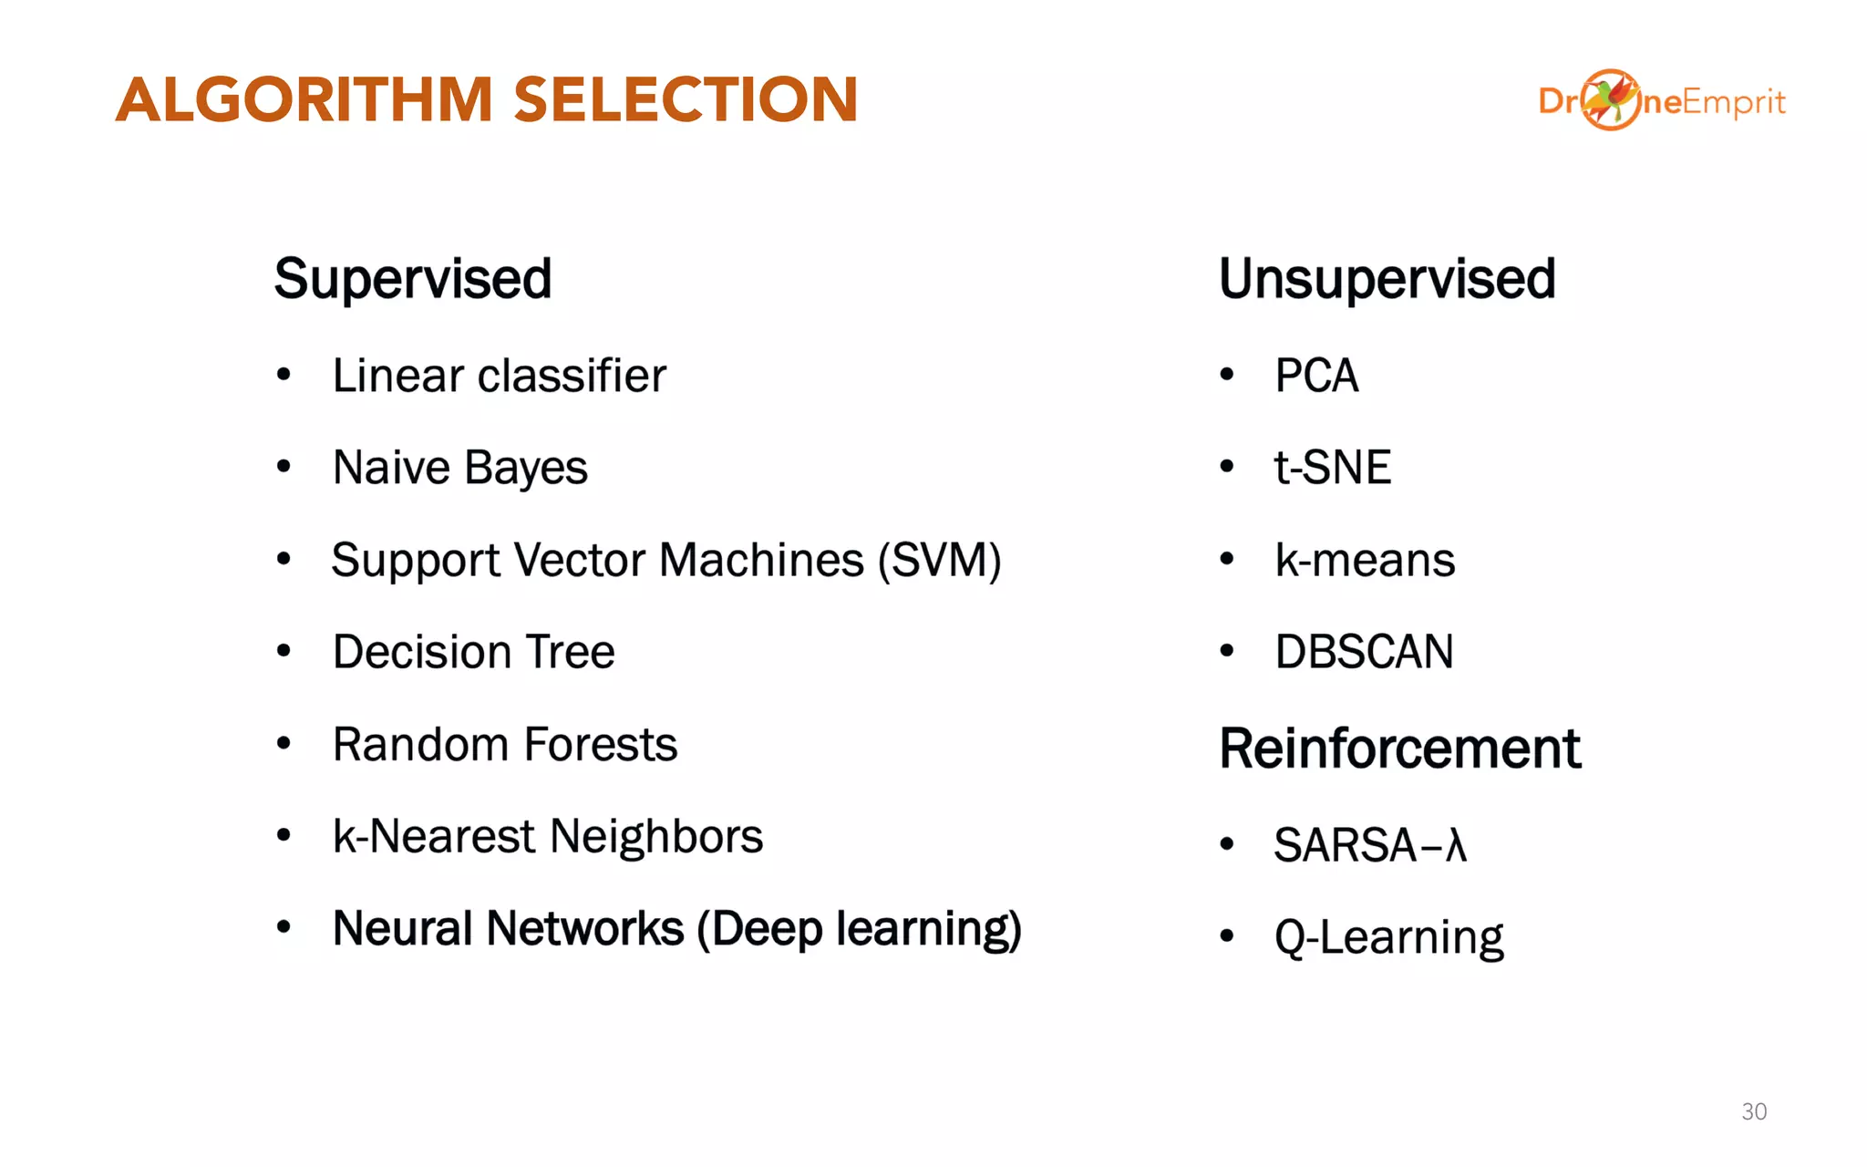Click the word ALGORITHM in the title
[304, 99]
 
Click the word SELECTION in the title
[686, 99]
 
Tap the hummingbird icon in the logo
[1610, 99]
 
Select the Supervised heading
[413, 279]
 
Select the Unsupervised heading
[1387, 279]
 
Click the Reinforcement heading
[1399, 749]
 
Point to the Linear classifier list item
[499, 376]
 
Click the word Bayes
[526, 469]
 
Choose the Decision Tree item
[473, 652]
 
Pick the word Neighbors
[656, 836]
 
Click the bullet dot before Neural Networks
[284, 927]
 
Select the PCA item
[1315, 376]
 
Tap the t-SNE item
[1332, 468]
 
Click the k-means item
[1364, 560]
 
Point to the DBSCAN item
[1364, 652]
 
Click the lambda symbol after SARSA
[1456, 845]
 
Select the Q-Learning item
[1388, 937]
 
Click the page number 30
[1754, 1111]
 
